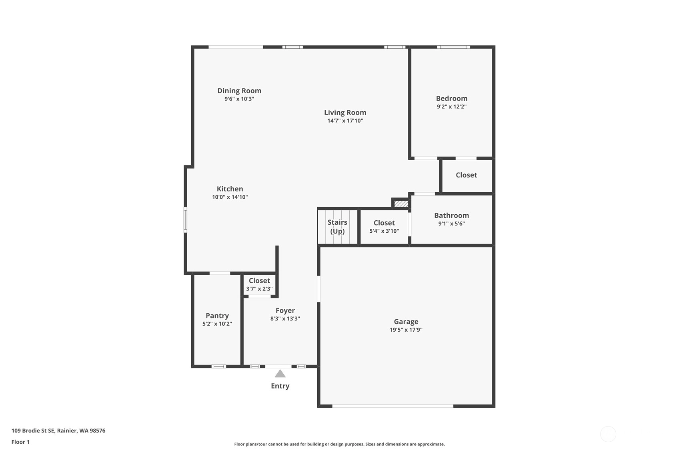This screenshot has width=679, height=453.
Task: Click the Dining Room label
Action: tap(239, 91)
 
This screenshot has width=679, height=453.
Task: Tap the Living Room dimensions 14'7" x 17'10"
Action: tap(345, 121)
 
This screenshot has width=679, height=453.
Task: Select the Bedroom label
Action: tap(452, 98)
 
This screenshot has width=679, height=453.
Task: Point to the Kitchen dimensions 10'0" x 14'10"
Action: tap(230, 197)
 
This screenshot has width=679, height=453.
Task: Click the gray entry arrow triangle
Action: tap(280, 374)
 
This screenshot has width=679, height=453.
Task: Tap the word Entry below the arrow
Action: tap(280, 386)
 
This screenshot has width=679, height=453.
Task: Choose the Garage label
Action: tap(406, 322)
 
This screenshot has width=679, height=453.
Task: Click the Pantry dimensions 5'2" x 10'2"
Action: tap(217, 324)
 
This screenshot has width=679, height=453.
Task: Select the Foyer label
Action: tap(285, 311)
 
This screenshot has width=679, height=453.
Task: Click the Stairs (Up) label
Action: tap(337, 227)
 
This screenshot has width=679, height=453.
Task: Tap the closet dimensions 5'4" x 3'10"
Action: tap(384, 231)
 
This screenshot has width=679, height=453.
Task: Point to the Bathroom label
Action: tap(451, 215)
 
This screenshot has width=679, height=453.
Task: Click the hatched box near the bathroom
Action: tap(401, 203)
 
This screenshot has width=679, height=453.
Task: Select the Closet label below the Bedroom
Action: tap(466, 175)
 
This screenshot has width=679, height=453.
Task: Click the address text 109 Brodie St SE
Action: tap(33, 431)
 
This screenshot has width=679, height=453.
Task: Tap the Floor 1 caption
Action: tap(21, 442)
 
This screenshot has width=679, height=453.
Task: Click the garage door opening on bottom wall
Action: tap(393, 406)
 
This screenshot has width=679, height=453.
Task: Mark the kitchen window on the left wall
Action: tap(186, 219)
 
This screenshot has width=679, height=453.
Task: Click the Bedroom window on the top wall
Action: tap(453, 47)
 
